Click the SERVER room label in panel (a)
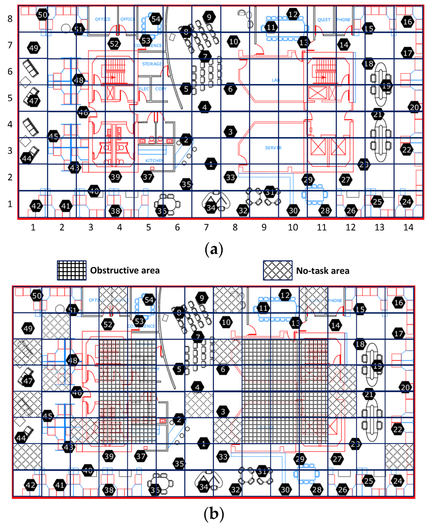point(273,148)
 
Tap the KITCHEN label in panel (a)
point(154,160)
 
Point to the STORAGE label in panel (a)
point(152,64)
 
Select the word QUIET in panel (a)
point(324,20)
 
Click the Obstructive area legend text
point(125,270)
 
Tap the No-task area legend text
point(322,271)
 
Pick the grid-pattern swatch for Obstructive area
point(72,270)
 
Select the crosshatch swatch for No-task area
point(278,270)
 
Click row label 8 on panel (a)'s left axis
point(10,19)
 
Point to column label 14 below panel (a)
point(408,228)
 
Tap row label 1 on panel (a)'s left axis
point(10,204)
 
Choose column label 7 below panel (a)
point(206,228)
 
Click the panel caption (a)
point(214,249)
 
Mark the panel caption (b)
point(214,515)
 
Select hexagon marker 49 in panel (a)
point(34,48)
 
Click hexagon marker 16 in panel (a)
point(407,22)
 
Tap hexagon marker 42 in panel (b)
point(31,485)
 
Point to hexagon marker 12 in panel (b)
point(285,295)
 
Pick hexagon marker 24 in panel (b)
point(398,481)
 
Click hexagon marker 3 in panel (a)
point(230,132)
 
